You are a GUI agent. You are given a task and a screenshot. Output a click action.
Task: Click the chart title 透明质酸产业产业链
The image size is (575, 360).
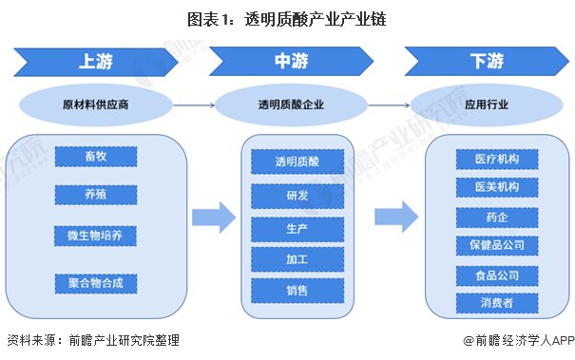coord(287,17)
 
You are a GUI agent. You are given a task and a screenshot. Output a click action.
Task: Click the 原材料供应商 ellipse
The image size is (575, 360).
coord(96,103)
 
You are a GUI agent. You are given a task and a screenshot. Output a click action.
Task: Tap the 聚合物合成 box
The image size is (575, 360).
coord(96,282)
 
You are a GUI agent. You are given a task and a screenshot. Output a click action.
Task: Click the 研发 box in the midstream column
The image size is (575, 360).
coord(291,196)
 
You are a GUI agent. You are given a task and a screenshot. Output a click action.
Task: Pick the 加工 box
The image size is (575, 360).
coord(291,259)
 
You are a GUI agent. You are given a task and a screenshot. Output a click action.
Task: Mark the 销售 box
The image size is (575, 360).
coord(291,291)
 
